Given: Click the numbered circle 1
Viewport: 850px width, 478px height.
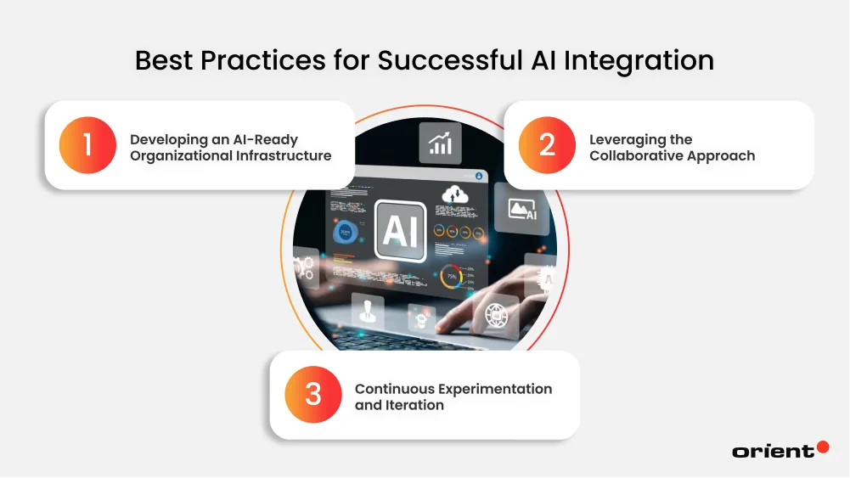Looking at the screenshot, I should tap(87, 145).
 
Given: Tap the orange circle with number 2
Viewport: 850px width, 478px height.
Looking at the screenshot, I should tap(547, 145).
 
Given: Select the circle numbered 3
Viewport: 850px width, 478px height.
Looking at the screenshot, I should tap(313, 395).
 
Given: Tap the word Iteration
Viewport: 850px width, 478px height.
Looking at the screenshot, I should tap(416, 406).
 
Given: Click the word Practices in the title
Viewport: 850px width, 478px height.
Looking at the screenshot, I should tap(267, 61).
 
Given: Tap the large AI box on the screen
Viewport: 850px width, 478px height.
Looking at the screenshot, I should tap(401, 228).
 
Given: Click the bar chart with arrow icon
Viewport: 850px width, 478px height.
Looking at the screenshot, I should tap(440, 143).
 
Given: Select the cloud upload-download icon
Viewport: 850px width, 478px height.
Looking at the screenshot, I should tap(453, 195).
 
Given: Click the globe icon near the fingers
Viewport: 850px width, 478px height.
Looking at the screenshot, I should tap(495, 315).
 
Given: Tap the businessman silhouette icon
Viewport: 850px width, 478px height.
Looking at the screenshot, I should tap(368, 310).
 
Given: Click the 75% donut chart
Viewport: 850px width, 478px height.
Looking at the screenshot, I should tap(451, 276).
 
